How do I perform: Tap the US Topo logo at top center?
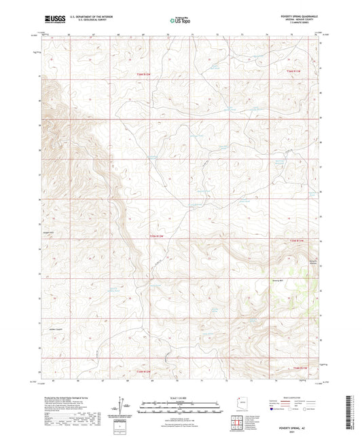[x=180, y=20]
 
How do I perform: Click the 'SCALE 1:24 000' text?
[x=181, y=398]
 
